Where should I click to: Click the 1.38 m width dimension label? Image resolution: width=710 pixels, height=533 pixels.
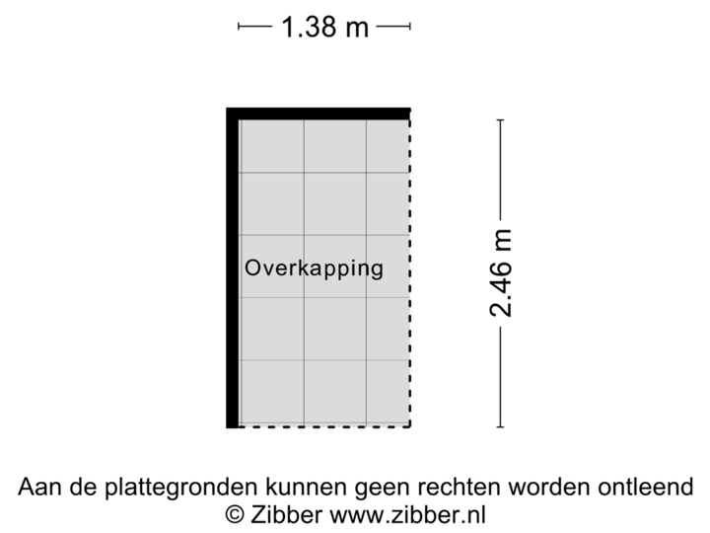pos(324,28)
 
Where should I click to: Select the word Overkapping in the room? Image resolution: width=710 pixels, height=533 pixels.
pos(314,267)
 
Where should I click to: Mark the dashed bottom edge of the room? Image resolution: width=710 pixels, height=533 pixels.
pos(325,426)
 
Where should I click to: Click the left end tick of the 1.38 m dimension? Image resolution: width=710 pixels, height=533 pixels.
pos(239,28)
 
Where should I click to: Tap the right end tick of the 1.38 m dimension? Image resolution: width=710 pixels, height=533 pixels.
pos(410,28)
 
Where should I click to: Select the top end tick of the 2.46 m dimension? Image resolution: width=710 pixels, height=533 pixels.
pos(501,120)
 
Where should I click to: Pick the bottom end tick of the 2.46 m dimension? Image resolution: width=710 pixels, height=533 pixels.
pos(501,426)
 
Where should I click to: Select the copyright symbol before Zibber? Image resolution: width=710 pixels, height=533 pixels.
pos(235,514)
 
